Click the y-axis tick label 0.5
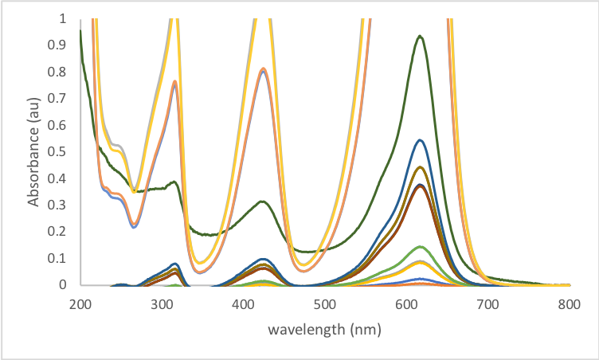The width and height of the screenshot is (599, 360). coord(61,151)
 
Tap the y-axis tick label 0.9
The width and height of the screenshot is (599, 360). coord(61,45)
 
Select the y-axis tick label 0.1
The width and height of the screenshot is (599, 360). coord(61,258)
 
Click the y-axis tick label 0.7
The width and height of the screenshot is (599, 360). coord(61,98)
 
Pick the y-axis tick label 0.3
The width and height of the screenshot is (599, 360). coord(61,205)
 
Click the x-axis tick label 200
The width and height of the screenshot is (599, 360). coord(80,304)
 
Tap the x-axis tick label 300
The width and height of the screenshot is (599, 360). coord(162,304)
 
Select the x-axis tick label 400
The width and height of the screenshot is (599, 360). coord(243,304)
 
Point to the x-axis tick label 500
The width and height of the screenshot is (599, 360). coord(325,304)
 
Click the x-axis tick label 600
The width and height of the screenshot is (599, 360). coord(406,304)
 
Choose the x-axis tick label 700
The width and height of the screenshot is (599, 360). coord(487,304)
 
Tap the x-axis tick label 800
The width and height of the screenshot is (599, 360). coord(569,304)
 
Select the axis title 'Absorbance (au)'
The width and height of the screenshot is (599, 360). coord(34,151)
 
